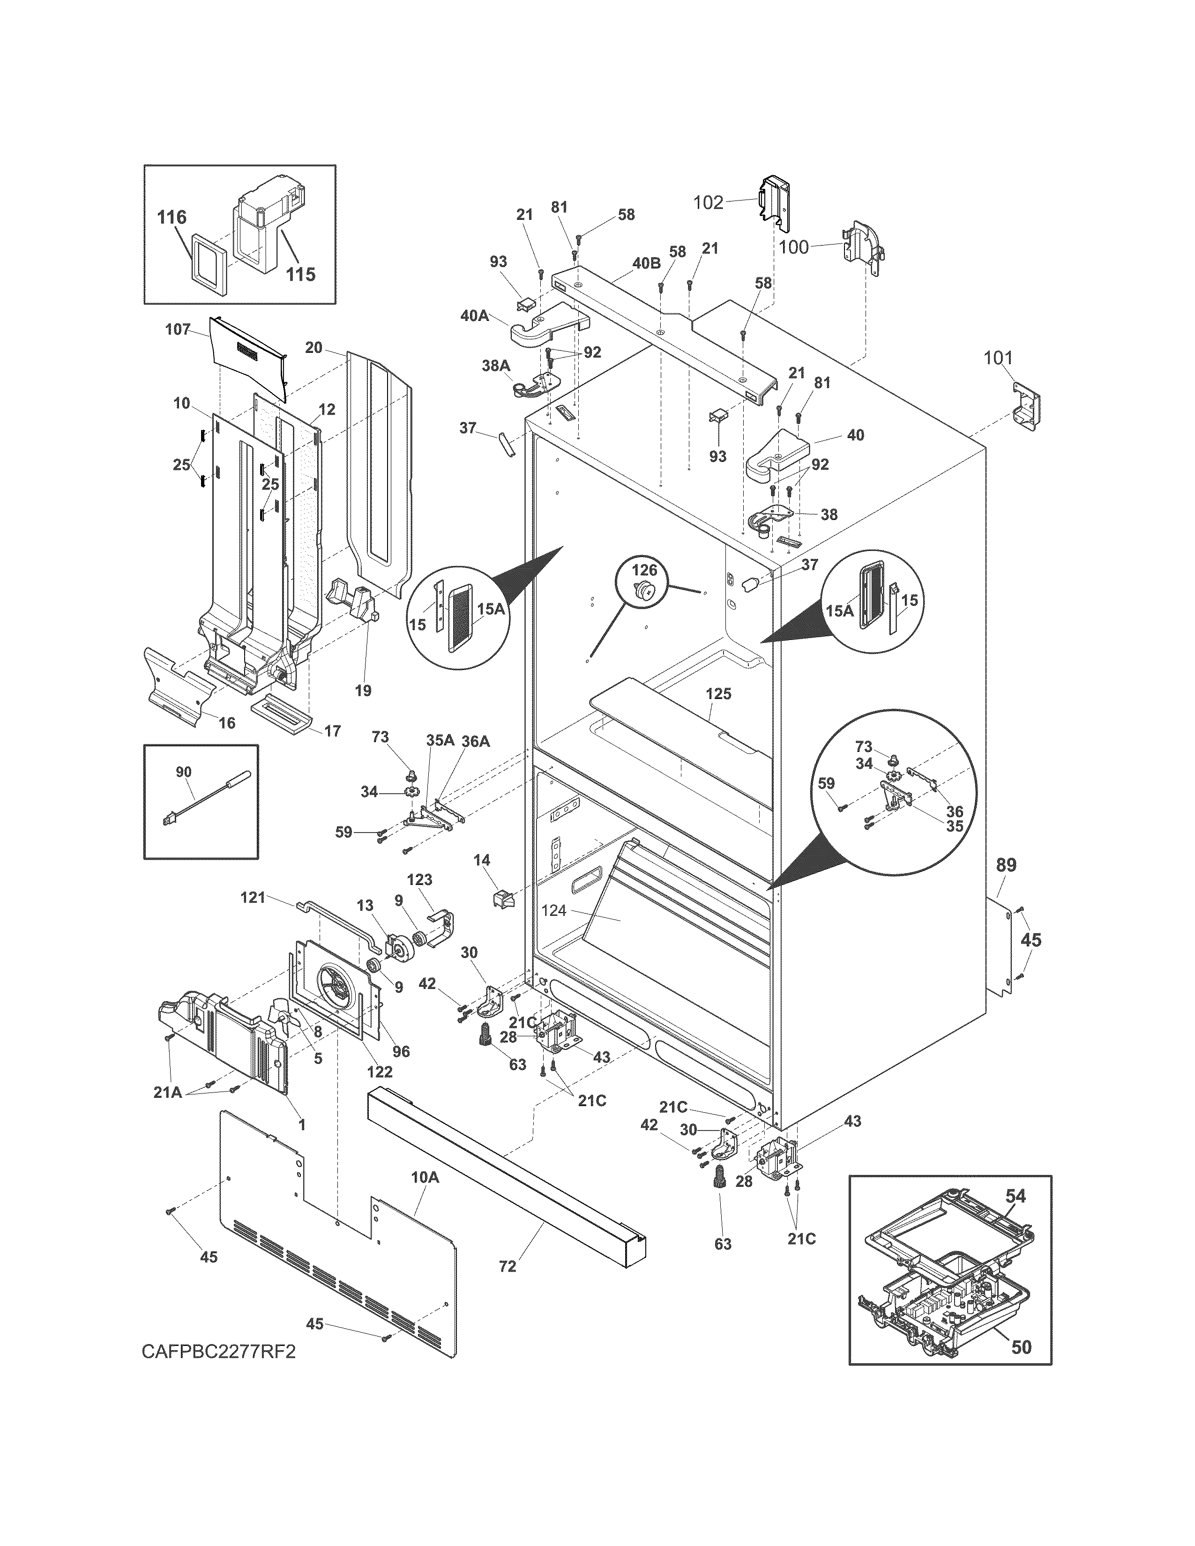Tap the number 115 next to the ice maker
click(x=300, y=274)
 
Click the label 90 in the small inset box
click(x=183, y=772)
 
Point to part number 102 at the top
click(x=708, y=202)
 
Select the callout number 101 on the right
click(x=998, y=358)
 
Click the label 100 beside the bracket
click(x=793, y=247)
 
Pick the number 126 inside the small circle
click(x=644, y=570)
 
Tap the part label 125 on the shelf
click(x=718, y=694)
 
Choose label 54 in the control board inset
click(x=1015, y=1196)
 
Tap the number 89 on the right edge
click(x=1006, y=865)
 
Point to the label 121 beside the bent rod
click(x=253, y=898)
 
